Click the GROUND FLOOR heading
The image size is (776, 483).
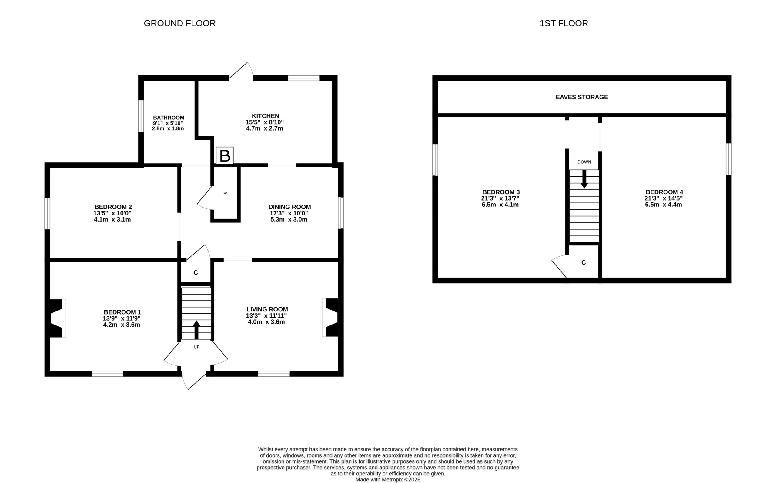[179, 23]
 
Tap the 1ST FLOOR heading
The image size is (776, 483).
[564, 23]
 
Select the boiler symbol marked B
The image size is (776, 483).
[225, 156]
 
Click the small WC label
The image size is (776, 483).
[225, 193]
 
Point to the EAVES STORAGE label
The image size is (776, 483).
[582, 97]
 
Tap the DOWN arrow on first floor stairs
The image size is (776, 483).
[584, 179]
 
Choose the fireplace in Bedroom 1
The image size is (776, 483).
[58, 318]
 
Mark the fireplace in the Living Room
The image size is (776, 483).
[330, 317]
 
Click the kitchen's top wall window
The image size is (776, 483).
[303, 78]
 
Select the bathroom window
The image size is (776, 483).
[141, 116]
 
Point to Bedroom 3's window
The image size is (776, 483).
[435, 160]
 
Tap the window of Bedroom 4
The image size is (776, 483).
[729, 159]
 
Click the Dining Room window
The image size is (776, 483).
[341, 213]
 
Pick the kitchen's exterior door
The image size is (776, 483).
[241, 71]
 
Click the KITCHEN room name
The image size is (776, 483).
[266, 116]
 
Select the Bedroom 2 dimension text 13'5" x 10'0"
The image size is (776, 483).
[112, 213]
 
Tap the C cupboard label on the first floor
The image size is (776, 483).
[583, 263]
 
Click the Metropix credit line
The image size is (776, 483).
[388, 479]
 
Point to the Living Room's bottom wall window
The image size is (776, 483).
[274, 374]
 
